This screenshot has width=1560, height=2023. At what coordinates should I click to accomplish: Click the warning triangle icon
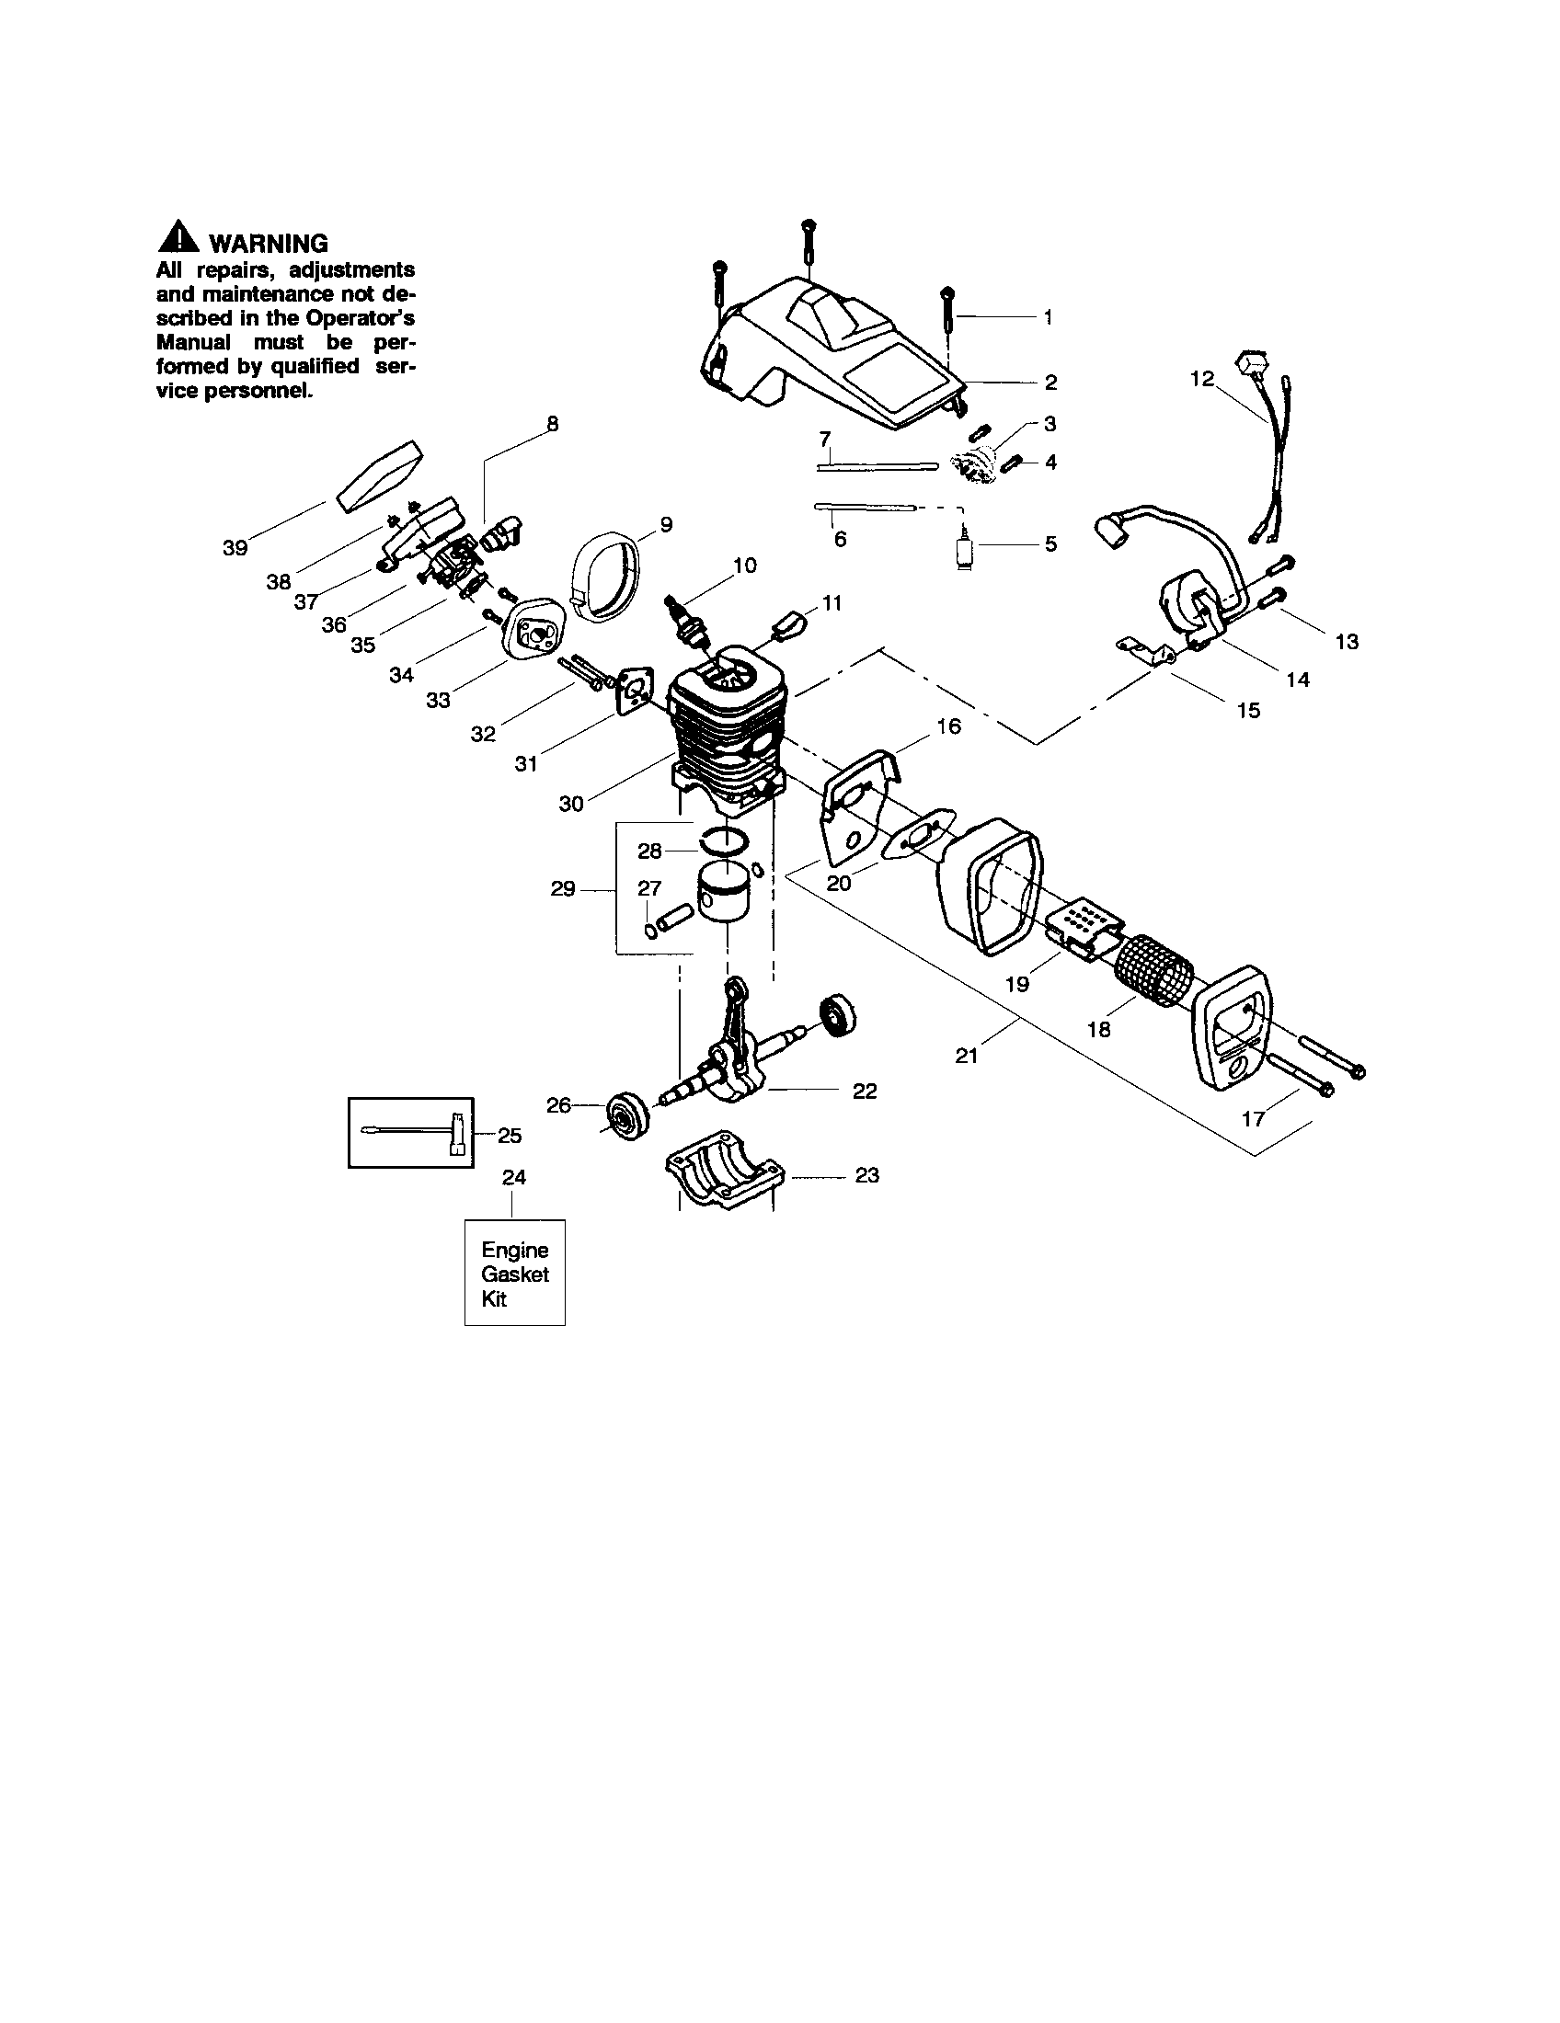[x=178, y=239]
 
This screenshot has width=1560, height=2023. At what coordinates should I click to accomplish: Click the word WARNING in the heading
[x=269, y=244]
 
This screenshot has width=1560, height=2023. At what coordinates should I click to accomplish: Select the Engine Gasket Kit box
[x=514, y=1274]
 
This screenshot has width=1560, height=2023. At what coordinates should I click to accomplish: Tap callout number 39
[x=235, y=547]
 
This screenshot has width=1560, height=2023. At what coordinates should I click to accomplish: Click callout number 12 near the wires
[x=1201, y=379]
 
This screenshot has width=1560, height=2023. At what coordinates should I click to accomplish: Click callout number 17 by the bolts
[x=1253, y=1119]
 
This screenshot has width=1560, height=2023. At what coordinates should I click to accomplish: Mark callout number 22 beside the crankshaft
[x=865, y=1092]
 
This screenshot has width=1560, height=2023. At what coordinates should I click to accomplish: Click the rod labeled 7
[x=877, y=467]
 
